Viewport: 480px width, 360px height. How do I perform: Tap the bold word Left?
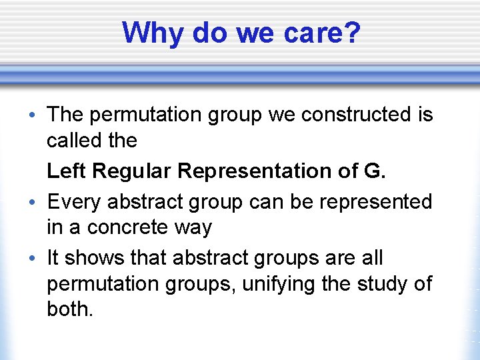click(67, 171)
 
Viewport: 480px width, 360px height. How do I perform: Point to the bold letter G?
click(374, 171)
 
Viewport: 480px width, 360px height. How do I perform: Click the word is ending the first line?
click(425, 115)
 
